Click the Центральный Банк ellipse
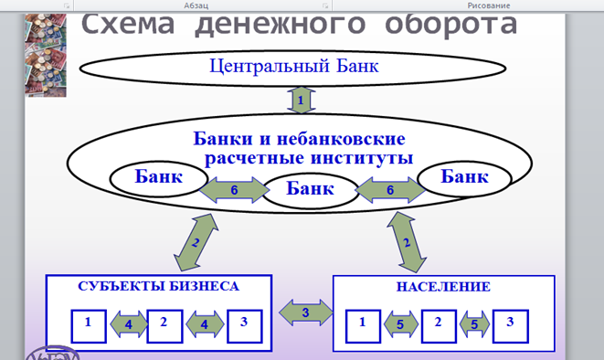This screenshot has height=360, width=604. [292, 69]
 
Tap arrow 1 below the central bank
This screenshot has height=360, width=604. [302, 101]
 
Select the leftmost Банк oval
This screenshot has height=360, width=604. [159, 179]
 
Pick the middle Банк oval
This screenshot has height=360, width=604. [311, 191]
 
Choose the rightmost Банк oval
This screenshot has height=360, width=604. [464, 179]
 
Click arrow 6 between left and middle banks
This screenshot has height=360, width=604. [234, 190]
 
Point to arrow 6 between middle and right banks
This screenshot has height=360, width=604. [390, 190]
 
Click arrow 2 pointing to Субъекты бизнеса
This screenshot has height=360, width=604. [196, 242]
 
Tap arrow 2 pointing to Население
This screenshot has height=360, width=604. [407, 242]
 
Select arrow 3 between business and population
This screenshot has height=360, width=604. [306, 312]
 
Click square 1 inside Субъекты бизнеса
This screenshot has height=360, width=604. [89, 326]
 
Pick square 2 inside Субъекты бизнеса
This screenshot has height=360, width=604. [164, 326]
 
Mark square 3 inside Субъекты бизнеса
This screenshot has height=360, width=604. [245, 326]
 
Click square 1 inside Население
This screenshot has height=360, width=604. [363, 326]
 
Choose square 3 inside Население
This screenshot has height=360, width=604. [511, 326]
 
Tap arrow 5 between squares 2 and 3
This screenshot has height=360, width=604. [474, 324]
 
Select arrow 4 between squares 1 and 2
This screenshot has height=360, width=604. [129, 324]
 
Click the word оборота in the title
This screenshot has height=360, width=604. [451, 25]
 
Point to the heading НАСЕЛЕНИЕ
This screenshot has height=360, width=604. [443, 287]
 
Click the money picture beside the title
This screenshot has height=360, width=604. [46, 55]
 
